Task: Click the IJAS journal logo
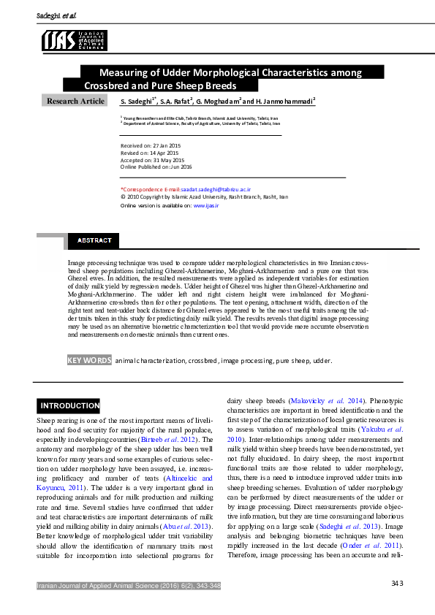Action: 75,40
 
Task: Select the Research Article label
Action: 76,101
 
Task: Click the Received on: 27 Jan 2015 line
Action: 150,146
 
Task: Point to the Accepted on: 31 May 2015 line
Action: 151,160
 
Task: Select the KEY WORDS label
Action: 89,360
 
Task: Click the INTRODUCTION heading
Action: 69,405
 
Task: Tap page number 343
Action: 397,583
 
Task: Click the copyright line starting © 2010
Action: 203,197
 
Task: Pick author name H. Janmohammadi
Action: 284,101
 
